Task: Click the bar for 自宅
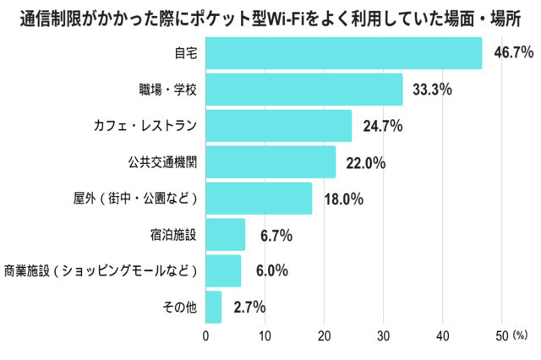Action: [344, 53]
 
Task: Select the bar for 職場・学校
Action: [304, 90]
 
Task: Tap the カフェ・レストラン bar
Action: [279, 126]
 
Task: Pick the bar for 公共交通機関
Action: [270, 162]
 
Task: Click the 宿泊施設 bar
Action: [226, 234]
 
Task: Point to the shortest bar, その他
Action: [214, 307]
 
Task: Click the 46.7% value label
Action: [514, 52]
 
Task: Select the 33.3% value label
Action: [432, 90]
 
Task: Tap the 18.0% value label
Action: [344, 199]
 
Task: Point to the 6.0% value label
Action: [272, 270]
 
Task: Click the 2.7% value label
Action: [249, 307]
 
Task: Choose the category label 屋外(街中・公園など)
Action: [135, 199]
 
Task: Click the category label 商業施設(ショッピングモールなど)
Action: [101, 270]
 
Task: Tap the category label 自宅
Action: [186, 53]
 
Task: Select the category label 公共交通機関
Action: [162, 162]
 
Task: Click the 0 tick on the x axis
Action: [205, 335]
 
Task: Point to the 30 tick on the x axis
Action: [383, 335]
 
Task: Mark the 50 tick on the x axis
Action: [502, 335]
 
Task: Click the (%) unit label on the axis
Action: [520, 335]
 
